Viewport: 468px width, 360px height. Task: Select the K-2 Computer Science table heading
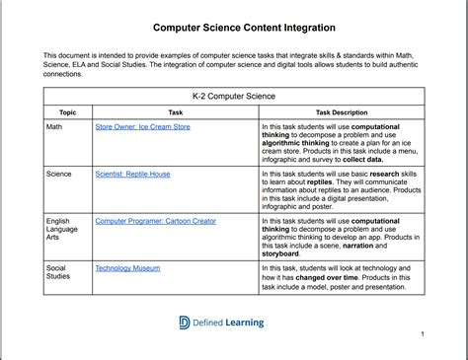(x=234, y=97)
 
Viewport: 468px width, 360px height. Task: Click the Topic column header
(x=67, y=113)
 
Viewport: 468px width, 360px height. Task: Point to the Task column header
(x=175, y=113)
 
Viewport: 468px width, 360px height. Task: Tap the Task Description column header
(x=341, y=113)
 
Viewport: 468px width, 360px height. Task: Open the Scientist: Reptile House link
(x=132, y=173)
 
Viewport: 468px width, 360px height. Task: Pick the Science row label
(x=60, y=173)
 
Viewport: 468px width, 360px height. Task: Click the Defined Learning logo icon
(x=185, y=322)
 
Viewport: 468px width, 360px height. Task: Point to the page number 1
(x=422, y=334)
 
